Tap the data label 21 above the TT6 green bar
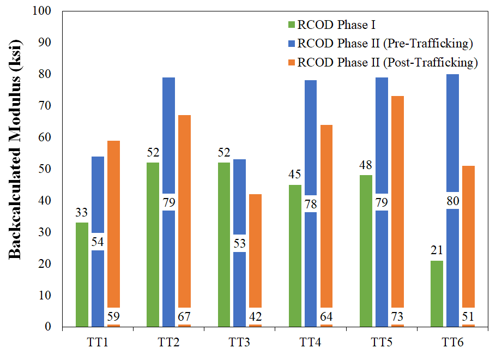[x=436, y=251]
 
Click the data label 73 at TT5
[x=397, y=316]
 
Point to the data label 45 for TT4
[x=294, y=175]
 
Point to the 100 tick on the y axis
[x=44, y=11]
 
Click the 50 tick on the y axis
[x=47, y=169]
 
